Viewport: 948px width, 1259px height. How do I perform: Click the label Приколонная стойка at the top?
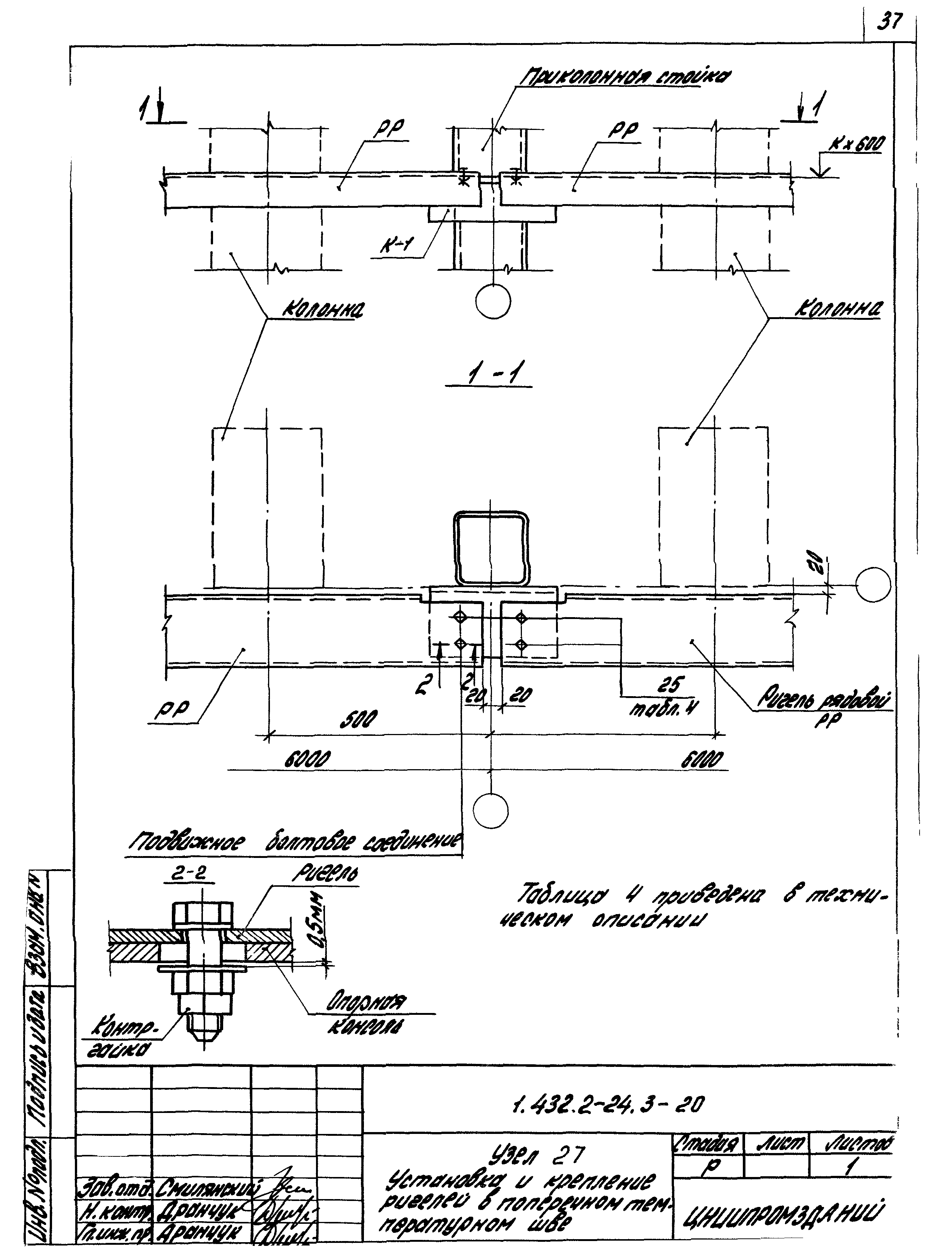[x=626, y=77]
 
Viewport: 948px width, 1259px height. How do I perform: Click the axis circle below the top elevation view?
[x=493, y=302]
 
